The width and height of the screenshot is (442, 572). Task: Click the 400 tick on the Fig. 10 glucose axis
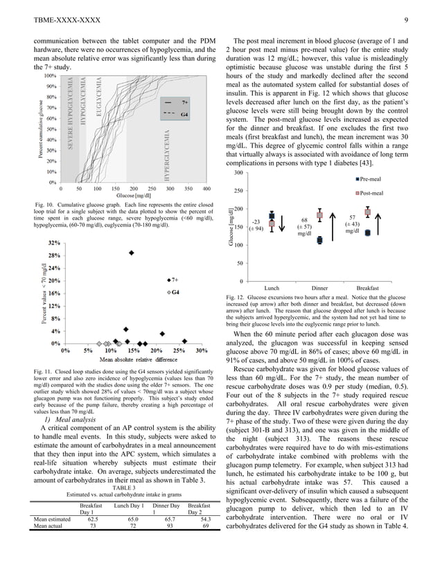(206, 188)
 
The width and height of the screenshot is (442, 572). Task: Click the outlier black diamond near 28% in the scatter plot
(132, 253)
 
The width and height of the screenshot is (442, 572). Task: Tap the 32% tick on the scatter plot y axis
(53, 243)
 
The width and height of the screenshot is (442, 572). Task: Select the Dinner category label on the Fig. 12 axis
(319, 287)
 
